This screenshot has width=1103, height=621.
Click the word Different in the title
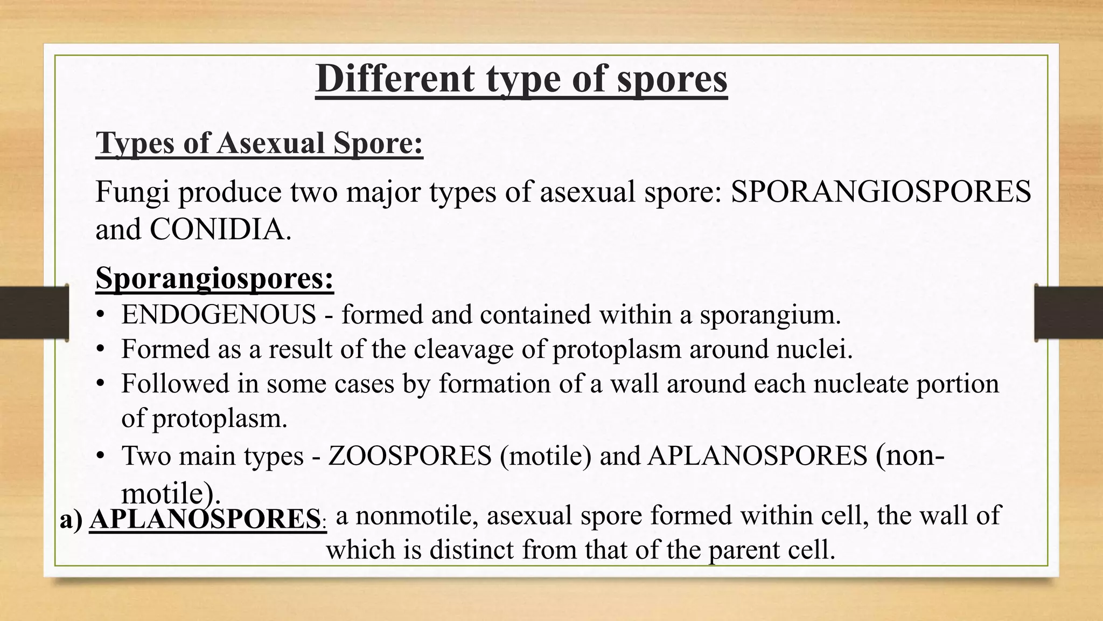395,79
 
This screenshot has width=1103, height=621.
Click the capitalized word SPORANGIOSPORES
881,192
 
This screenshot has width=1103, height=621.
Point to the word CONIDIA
220,230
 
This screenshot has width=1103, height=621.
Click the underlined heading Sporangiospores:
214,278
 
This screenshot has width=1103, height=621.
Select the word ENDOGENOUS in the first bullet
219,315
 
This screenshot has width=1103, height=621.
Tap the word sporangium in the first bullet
770,315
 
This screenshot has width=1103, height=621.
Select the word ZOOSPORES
410,456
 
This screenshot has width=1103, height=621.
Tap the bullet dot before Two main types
100,456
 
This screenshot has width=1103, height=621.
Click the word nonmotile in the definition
417,515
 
